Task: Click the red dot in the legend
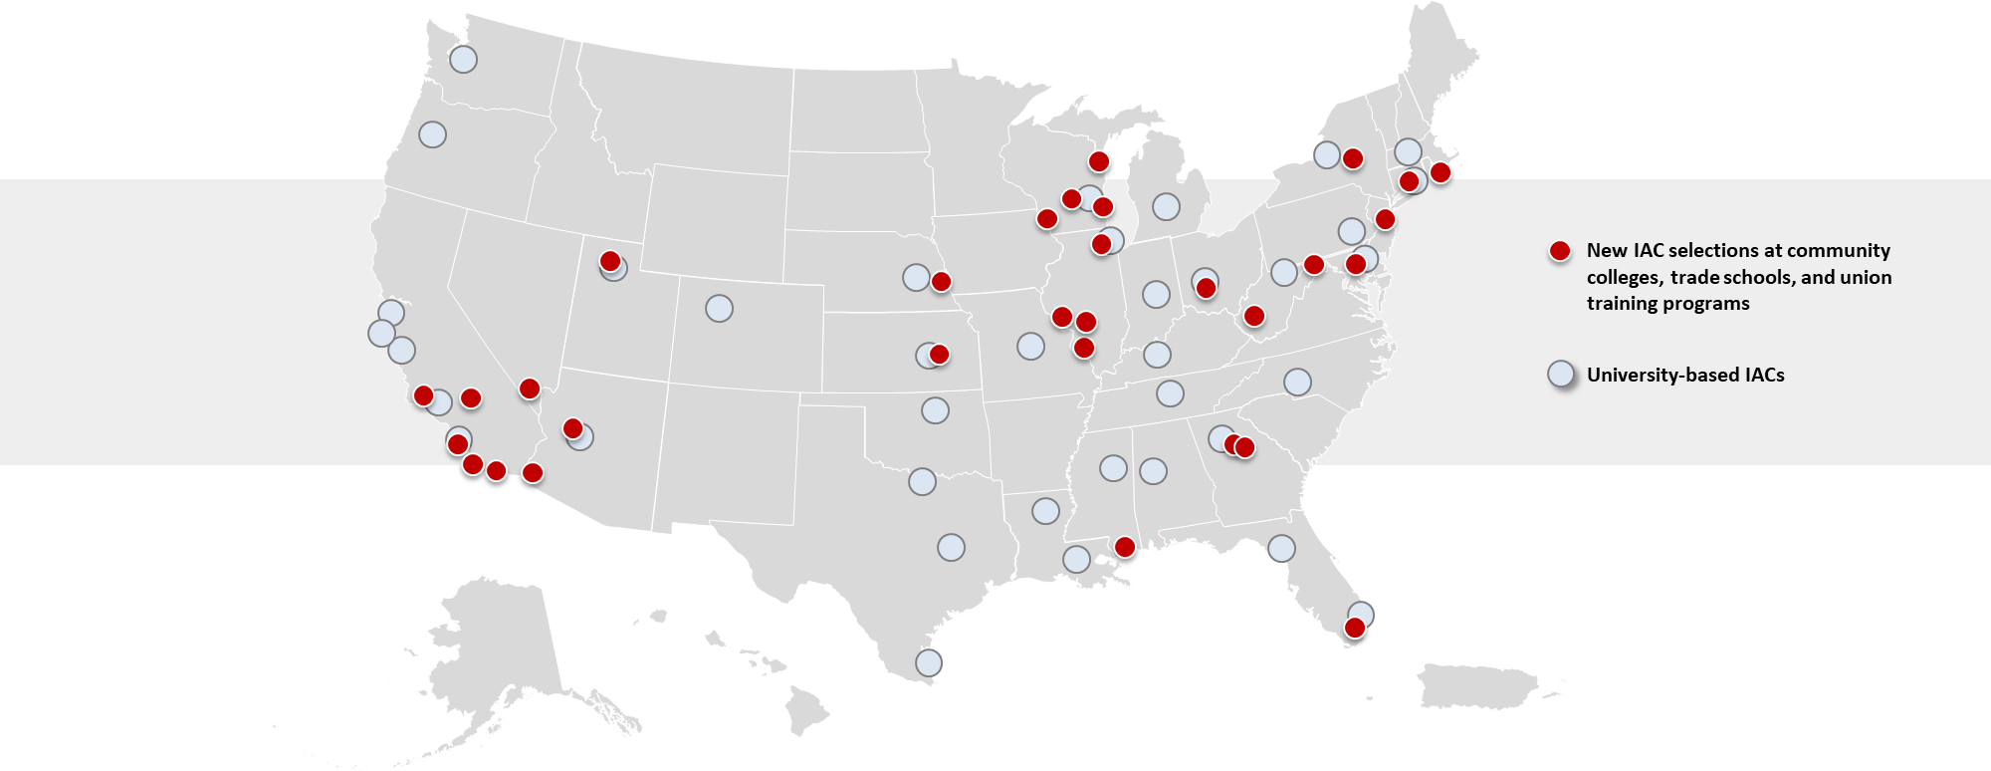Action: tap(1560, 251)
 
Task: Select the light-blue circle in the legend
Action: tap(1561, 375)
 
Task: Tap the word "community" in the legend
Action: tap(1838, 251)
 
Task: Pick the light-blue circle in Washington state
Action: tap(463, 59)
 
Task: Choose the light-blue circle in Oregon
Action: tap(432, 133)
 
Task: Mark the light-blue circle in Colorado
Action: tap(719, 308)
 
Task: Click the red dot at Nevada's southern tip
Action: tap(530, 388)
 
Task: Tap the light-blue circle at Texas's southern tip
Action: tap(928, 662)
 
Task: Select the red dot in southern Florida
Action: tap(1354, 628)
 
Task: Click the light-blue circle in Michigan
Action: tap(1166, 206)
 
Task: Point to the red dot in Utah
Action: tap(610, 261)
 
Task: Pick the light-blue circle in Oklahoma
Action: tap(935, 409)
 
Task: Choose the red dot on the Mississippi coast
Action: tap(1124, 547)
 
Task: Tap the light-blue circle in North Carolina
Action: tap(1297, 382)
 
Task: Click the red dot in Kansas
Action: tap(939, 354)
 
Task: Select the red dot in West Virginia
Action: tap(1254, 316)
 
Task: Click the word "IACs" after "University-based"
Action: tap(1764, 376)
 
